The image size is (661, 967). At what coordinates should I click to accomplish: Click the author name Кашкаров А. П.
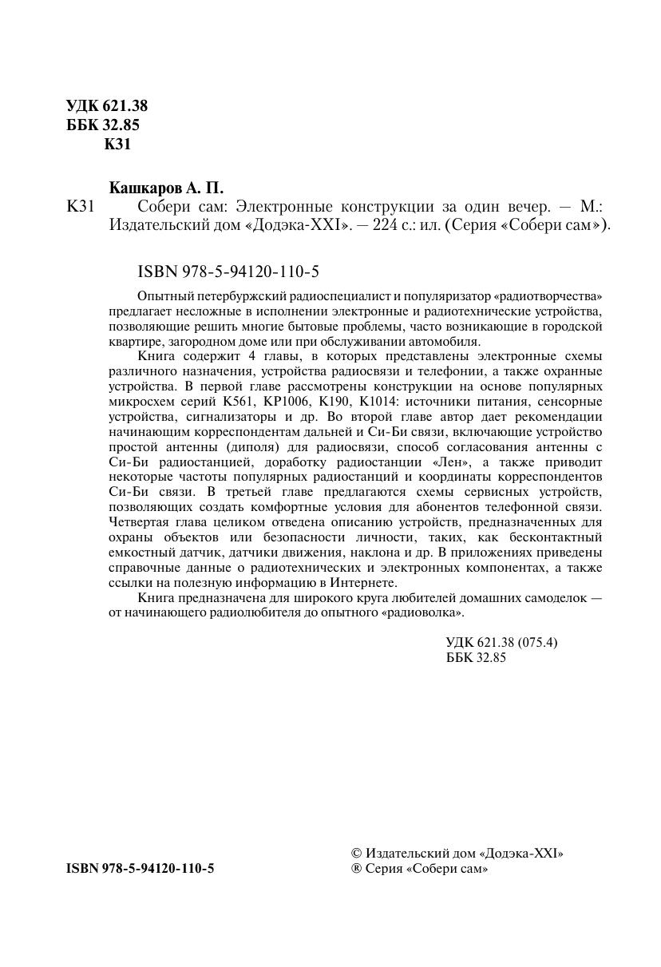click(x=166, y=189)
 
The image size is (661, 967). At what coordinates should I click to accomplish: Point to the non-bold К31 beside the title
click(x=81, y=207)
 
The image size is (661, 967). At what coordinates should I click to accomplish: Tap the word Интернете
click(x=362, y=582)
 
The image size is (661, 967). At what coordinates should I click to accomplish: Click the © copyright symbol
click(x=357, y=853)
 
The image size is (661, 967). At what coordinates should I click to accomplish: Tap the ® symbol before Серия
click(x=357, y=869)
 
